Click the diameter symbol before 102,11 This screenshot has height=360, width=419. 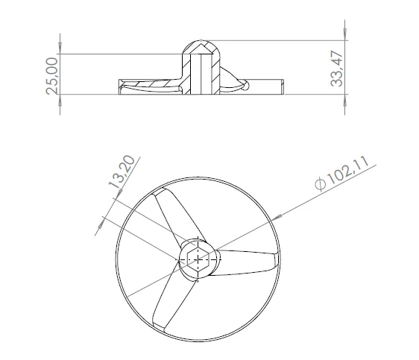pos(320,184)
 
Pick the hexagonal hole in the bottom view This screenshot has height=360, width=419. pos(198,259)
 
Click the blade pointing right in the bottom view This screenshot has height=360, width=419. pos(250,260)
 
